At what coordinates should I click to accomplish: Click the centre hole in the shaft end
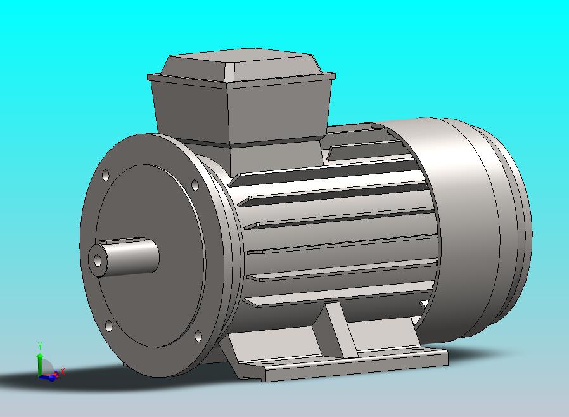point(96,260)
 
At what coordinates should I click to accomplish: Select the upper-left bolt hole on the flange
point(105,175)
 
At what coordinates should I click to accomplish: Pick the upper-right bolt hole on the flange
point(195,185)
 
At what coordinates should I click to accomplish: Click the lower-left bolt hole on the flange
point(109,326)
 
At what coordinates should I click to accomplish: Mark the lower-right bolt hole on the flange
point(198,336)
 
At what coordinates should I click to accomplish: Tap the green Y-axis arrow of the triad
point(39,361)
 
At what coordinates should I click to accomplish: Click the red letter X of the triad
point(62,372)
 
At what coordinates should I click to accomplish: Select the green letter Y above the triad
point(40,345)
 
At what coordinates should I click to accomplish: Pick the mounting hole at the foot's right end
point(419,348)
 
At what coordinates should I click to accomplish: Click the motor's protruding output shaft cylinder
point(130,257)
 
